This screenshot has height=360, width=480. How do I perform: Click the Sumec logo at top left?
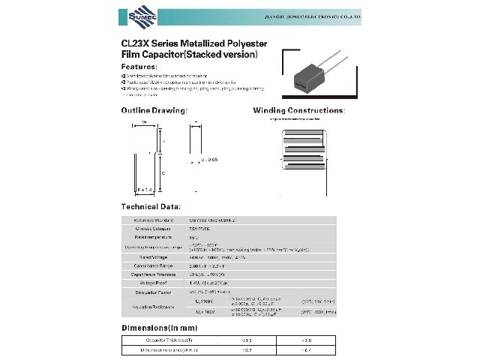point(136,15)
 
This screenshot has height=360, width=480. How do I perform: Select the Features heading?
point(139,66)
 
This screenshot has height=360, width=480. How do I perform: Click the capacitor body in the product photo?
point(307,76)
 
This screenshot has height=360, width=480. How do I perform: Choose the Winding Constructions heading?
point(298,110)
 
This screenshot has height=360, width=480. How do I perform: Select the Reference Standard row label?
point(153,220)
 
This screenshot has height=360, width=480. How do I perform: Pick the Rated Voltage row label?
point(153,257)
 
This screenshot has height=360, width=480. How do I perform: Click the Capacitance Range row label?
point(153,266)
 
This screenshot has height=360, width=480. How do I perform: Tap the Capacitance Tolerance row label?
point(153,275)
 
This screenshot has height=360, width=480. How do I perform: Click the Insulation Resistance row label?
point(153,306)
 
